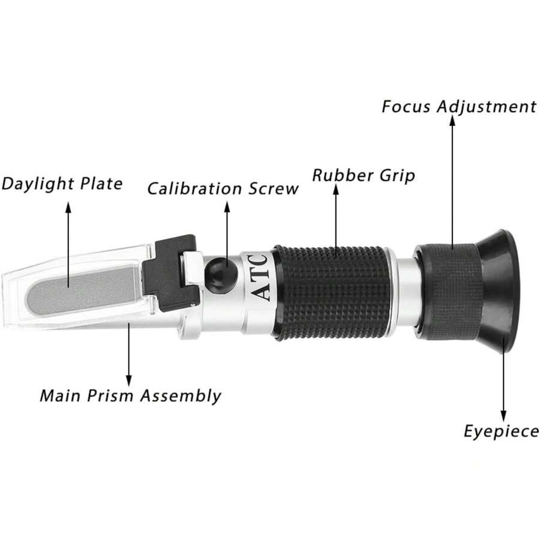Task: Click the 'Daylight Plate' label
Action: pyautogui.click(x=62, y=184)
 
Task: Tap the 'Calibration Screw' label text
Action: pyautogui.click(x=223, y=188)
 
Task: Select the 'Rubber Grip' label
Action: pyautogui.click(x=364, y=176)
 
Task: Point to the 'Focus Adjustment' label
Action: pyautogui.click(x=459, y=107)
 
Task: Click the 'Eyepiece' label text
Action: pyautogui.click(x=502, y=432)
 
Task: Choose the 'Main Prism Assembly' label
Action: pyautogui.click(x=131, y=396)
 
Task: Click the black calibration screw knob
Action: pyautogui.click(x=221, y=275)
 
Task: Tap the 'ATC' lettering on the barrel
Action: pyautogui.click(x=259, y=277)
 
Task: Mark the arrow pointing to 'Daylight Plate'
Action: pyautogui.click(x=68, y=245)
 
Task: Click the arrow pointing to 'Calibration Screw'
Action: pyautogui.click(x=227, y=234)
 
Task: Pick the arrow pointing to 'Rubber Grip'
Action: pyautogui.click(x=336, y=220)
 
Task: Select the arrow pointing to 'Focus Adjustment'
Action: pyautogui.click(x=452, y=182)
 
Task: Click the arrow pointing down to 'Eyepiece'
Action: pyautogui.click(x=503, y=379)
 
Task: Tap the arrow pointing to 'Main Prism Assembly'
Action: pyautogui.click(x=129, y=354)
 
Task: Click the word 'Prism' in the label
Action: pyautogui.click(x=110, y=395)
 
